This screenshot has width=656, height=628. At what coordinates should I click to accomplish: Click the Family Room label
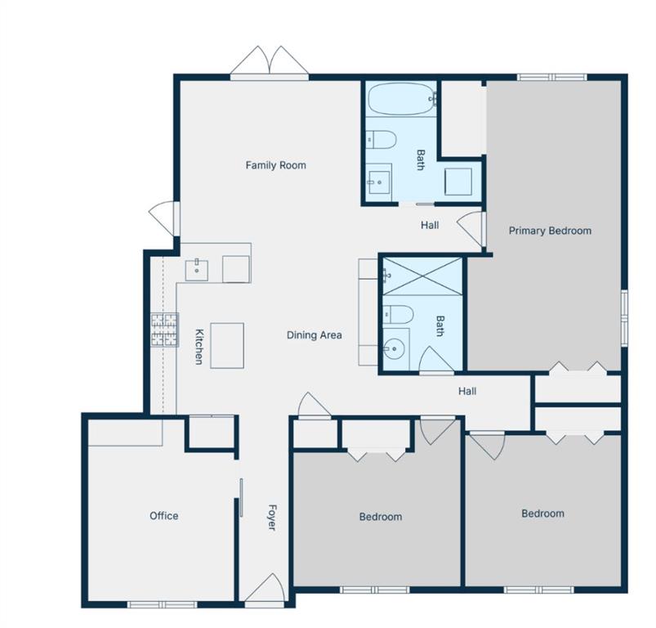tap(275, 165)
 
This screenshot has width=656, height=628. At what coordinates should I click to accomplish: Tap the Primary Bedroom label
tap(550, 231)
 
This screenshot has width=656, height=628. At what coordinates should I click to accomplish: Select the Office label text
tap(164, 516)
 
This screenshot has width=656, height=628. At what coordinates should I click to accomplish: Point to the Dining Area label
tap(315, 335)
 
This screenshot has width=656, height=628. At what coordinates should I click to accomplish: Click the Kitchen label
tap(199, 347)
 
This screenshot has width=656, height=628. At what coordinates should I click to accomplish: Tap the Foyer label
tap(272, 518)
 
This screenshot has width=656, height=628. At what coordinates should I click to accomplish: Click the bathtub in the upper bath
tap(402, 99)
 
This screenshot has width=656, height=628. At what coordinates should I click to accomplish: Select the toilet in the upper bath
tap(381, 139)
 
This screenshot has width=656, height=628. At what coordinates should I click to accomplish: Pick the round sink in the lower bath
tap(394, 348)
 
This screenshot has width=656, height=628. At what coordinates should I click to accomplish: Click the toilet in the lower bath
tap(399, 314)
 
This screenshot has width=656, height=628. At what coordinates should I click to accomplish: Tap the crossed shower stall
tap(422, 276)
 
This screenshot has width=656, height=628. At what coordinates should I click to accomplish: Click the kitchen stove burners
tap(165, 330)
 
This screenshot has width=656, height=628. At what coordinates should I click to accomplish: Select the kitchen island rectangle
tap(227, 345)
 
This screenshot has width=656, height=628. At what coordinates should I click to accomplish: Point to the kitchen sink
tap(197, 271)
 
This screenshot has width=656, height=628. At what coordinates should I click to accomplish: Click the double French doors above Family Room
tap(270, 63)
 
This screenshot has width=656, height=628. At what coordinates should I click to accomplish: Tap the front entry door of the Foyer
tap(266, 590)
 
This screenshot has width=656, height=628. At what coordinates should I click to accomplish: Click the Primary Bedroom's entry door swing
tap(471, 228)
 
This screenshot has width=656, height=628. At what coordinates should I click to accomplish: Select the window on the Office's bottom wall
tap(162, 604)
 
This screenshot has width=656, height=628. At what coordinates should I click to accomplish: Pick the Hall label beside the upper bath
tap(430, 225)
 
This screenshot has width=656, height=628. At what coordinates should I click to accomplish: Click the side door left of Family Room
tap(164, 218)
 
